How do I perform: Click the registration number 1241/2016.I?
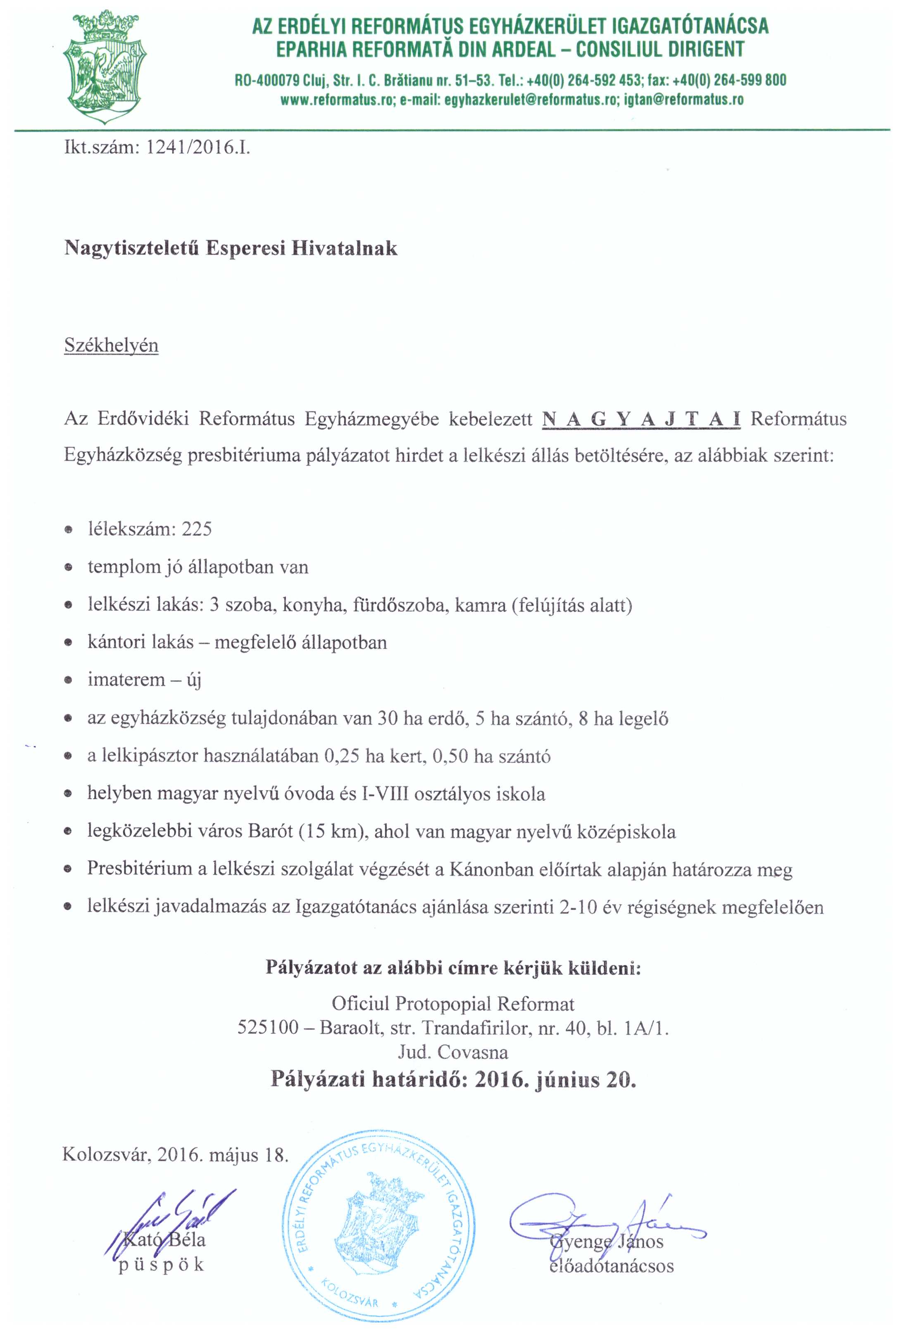click(198, 148)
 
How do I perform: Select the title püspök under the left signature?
click(161, 1266)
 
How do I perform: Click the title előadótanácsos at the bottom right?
click(611, 1266)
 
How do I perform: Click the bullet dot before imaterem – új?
click(68, 681)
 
